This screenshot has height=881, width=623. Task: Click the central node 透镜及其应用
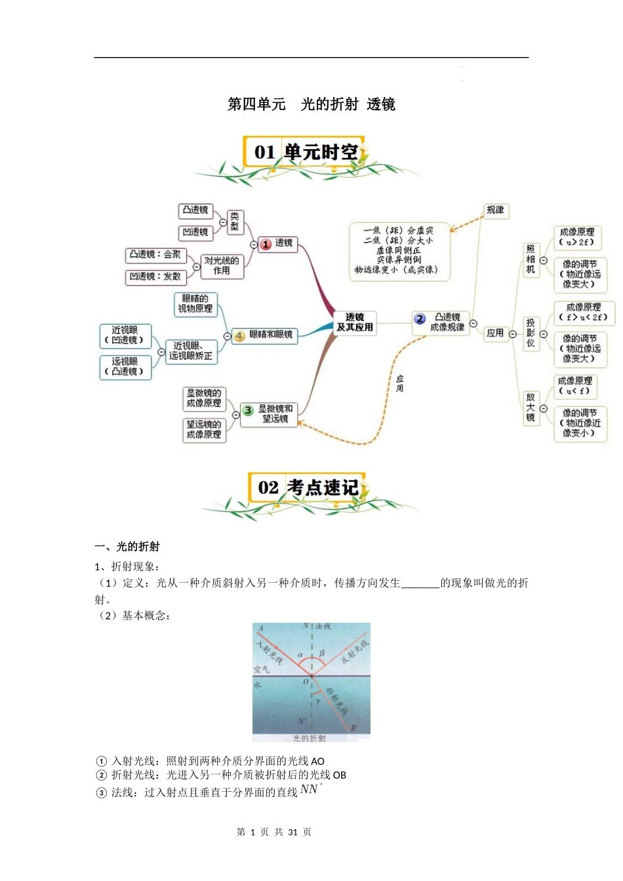(x=355, y=323)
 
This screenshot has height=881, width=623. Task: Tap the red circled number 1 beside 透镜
(x=266, y=244)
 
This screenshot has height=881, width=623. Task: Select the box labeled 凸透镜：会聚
(x=155, y=254)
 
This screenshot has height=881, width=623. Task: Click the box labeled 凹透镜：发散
(x=155, y=277)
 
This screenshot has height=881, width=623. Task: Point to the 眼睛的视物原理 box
(x=195, y=303)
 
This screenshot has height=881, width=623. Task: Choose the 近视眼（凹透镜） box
(x=125, y=336)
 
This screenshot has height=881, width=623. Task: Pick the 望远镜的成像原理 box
(x=204, y=429)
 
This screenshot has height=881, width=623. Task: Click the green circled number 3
(x=248, y=410)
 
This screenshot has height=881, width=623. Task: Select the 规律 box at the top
(x=495, y=210)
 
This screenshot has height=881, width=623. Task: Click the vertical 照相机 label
(x=531, y=259)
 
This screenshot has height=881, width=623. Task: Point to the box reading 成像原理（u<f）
(x=575, y=385)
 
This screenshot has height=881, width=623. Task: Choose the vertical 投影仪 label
(x=531, y=333)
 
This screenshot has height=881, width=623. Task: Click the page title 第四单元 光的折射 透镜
(x=311, y=104)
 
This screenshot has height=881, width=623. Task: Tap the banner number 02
(x=268, y=488)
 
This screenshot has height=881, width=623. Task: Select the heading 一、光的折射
(x=127, y=547)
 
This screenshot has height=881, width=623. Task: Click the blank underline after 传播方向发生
(x=420, y=583)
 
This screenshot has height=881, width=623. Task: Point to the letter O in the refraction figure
(x=306, y=682)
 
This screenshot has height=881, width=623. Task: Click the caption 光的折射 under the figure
(x=309, y=738)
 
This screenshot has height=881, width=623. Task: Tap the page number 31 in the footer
(x=292, y=832)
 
